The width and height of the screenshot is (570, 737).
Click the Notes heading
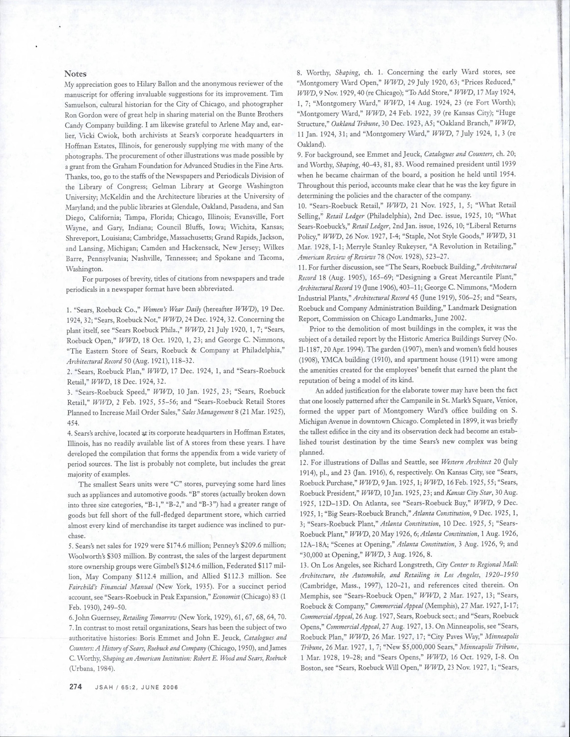coord(76,74)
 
